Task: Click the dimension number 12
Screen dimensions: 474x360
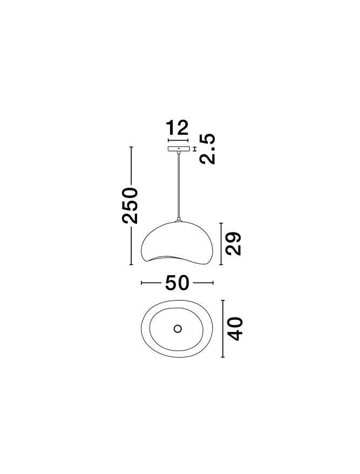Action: (x=178, y=128)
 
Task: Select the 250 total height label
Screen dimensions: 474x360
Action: (x=131, y=205)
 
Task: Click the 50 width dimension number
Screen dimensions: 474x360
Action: (x=177, y=283)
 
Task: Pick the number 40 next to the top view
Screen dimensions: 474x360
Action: (x=234, y=329)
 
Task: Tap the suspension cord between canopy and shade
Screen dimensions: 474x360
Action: (x=178, y=186)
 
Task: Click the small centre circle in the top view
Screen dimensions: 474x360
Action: (x=178, y=328)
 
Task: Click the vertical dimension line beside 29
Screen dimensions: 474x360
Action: (x=221, y=243)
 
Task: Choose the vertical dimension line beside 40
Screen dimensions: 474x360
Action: (x=222, y=329)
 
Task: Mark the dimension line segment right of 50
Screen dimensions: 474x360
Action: (x=203, y=283)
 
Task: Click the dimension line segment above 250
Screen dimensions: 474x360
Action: (x=131, y=166)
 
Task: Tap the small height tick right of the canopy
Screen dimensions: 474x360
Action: (x=194, y=149)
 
